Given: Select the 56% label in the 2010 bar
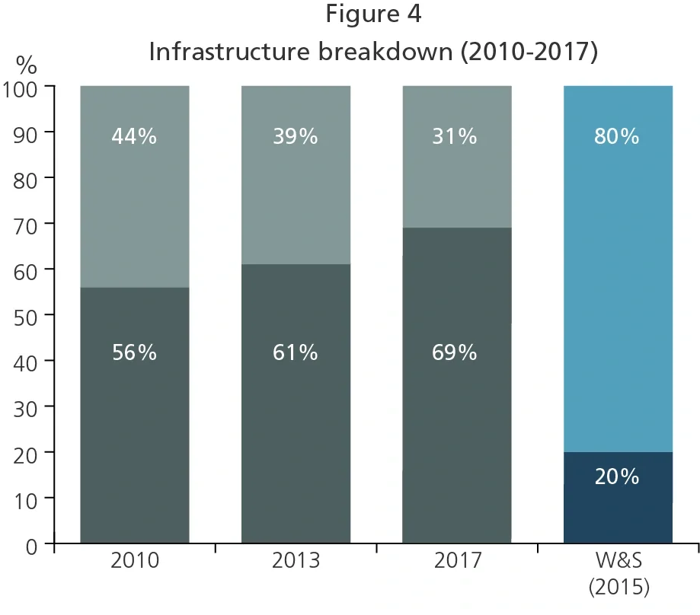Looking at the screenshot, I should coord(134,353).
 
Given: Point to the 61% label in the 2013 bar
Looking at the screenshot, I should coord(296,353).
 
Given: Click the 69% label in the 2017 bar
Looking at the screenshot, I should coord(455,353).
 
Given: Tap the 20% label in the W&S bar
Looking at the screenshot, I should coord(617,476).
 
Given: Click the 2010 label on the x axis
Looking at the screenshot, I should coord(134,562).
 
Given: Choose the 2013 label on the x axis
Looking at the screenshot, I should coord(296,562).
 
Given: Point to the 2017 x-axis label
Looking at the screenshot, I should coord(457,562).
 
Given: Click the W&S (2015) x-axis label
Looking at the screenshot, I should coord(618,574).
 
